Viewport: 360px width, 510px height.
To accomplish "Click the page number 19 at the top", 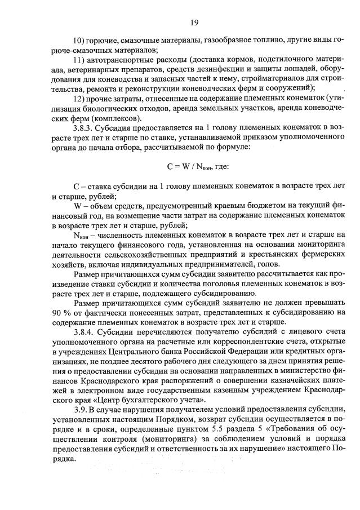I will point(193,22).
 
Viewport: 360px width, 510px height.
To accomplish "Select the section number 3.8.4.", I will point(83,332).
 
